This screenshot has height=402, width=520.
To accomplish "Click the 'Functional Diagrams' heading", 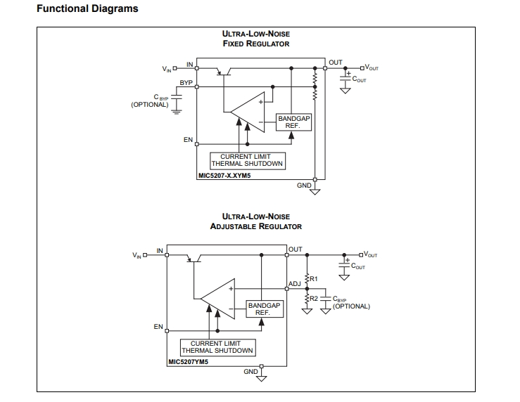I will coord(87,9).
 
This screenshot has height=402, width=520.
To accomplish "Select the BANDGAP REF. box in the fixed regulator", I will coord(293,122).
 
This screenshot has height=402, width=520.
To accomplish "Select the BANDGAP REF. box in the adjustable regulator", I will coord(264,309).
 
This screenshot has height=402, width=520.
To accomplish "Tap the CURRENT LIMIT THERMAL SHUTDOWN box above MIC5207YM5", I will coord(217,346).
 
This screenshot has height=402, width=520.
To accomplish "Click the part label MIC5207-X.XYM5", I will coord(224,176).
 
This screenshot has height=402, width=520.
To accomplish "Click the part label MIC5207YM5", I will coord(188,363).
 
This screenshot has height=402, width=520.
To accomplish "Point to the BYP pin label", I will coord(186,82).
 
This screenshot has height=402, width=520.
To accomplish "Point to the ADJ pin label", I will coord(295,285).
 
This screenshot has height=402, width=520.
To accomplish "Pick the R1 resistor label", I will coord(315,279).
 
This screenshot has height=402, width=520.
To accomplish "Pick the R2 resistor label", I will coord(315,299).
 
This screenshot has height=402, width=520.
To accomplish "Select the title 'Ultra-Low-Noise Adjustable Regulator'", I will coord(255,221).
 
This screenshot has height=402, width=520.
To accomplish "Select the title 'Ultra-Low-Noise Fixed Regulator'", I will coord(255,39).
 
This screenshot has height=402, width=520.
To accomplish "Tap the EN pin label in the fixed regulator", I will coord(188,140).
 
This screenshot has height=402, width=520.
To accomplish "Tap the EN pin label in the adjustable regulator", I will coord(158,327).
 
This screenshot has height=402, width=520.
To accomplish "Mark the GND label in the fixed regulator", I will coord(304,186).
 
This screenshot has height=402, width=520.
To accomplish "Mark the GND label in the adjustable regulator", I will coord(251,371).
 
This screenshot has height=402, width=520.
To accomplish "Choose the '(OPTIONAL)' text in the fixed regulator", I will coord(150,105).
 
